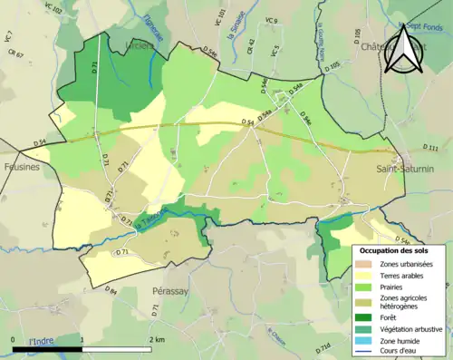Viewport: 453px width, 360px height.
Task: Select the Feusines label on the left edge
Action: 20,167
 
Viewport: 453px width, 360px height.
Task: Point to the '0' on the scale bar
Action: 14,339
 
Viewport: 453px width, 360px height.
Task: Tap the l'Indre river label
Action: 42,341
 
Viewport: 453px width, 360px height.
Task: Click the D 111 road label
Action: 430,148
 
